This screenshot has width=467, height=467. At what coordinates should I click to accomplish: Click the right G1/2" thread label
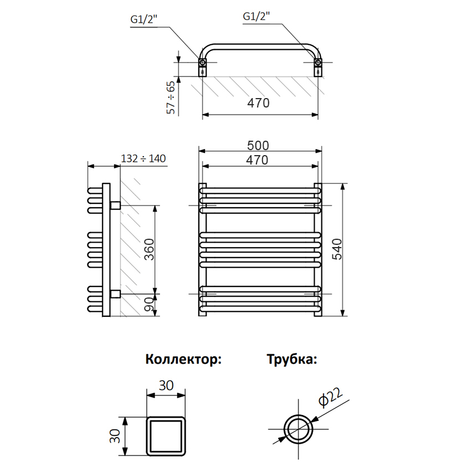point(256,17)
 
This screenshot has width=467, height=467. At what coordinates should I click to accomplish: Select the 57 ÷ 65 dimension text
point(172,97)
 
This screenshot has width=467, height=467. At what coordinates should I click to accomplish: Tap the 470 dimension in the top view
point(258,104)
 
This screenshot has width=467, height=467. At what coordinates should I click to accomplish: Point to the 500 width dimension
point(258,145)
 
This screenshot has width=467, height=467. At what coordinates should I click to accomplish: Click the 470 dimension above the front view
point(258,160)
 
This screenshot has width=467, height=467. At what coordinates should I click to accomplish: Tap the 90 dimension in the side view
point(148,304)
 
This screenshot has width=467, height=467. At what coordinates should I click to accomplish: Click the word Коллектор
point(183,359)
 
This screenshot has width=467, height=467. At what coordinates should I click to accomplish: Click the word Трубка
point(292,359)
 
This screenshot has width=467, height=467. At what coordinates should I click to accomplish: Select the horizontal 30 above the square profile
point(166,386)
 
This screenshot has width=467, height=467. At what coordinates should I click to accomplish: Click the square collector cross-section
point(166,437)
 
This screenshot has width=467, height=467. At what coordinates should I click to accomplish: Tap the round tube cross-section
point(299,429)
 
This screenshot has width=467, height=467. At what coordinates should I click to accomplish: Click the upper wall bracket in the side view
point(116,206)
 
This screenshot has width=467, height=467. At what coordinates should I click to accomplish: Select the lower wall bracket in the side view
point(116,294)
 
